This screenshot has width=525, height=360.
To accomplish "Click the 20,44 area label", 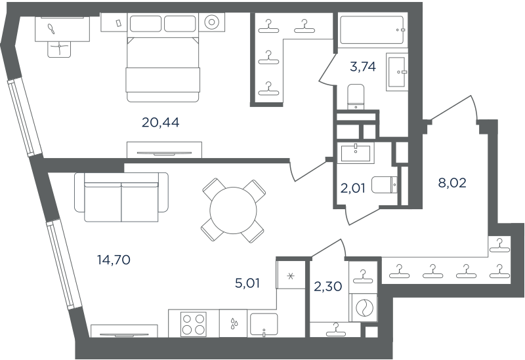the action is tap(160, 123).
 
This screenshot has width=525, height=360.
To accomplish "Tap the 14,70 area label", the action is tap(114, 259).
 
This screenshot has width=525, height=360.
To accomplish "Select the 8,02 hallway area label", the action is tap(452, 183).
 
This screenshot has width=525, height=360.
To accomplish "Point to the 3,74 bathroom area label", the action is tap(363, 67).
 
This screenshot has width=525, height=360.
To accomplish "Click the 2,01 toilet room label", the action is tap(352, 188).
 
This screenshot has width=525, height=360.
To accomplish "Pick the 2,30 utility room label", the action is tap(327, 286).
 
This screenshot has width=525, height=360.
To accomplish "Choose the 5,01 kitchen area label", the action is tap(247, 283).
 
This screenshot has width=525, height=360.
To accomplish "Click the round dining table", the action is tap(234, 210).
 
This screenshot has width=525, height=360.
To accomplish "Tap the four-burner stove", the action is tap(194, 324).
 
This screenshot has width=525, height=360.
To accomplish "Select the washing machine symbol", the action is tap(363, 308).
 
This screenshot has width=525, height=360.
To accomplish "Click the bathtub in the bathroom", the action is tap(371, 30).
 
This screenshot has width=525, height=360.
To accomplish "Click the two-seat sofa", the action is tap(121, 197).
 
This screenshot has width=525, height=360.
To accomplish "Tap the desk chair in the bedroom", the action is tap(60, 49).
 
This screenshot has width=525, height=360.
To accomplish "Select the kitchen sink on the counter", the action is tap(264, 324).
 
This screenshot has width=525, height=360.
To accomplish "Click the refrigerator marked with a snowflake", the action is tap(291, 275).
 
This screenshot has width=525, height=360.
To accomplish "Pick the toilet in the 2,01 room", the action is tap(385, 185).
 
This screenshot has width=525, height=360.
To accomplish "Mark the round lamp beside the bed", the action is tap(211, 22).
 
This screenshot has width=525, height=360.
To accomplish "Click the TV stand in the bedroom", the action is tap(164, 150).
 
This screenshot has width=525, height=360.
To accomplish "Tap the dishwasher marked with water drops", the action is tap(234, 323).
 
